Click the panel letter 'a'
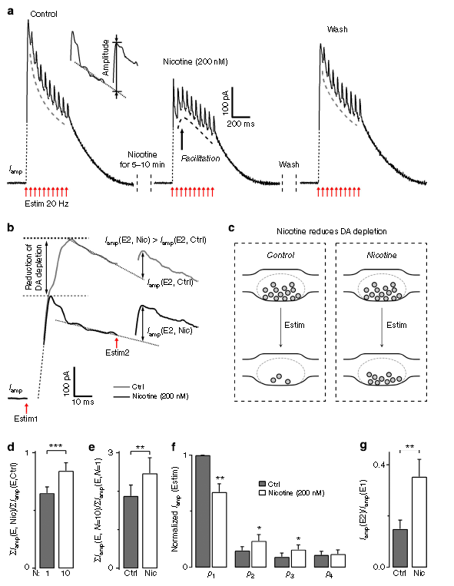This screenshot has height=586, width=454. (11, 12)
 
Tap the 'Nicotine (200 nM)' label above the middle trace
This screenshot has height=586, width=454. (195, 61)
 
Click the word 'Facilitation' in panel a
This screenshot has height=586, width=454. (200, 158)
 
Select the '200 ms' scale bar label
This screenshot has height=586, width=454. (240, 124)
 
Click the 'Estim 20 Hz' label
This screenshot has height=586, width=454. (47, 204)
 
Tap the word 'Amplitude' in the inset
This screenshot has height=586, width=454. (106, 58)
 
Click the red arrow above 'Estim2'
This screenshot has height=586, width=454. (117, 343)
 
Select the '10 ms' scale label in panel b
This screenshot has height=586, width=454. (83, 402)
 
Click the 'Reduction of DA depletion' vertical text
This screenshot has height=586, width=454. (33, 267)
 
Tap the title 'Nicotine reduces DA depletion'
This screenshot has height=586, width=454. (331, 231)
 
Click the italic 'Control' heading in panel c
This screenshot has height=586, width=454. (280, 255)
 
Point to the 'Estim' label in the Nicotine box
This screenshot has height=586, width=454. (396, 325)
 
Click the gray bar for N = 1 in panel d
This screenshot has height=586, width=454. (47, 530)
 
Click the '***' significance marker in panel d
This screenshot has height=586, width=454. (56, 446)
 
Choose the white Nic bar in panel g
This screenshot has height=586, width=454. (419, 522)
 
